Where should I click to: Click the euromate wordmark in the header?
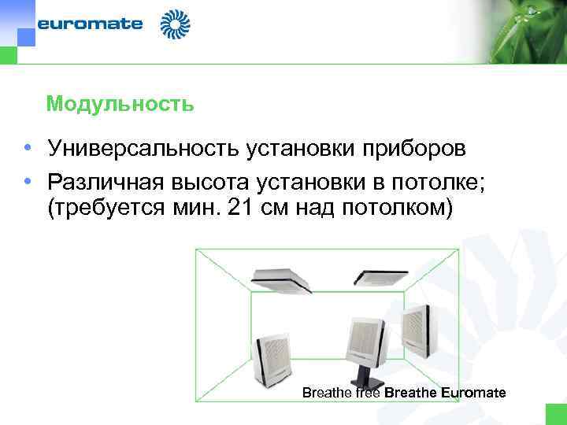tap(91, 24)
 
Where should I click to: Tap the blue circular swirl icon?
tap(176, 24)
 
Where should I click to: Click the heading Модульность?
tap(120, 104)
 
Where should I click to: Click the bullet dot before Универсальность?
tap(28, 149)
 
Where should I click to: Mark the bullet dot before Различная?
tap(28, 183)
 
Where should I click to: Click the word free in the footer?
tap(369, 393)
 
